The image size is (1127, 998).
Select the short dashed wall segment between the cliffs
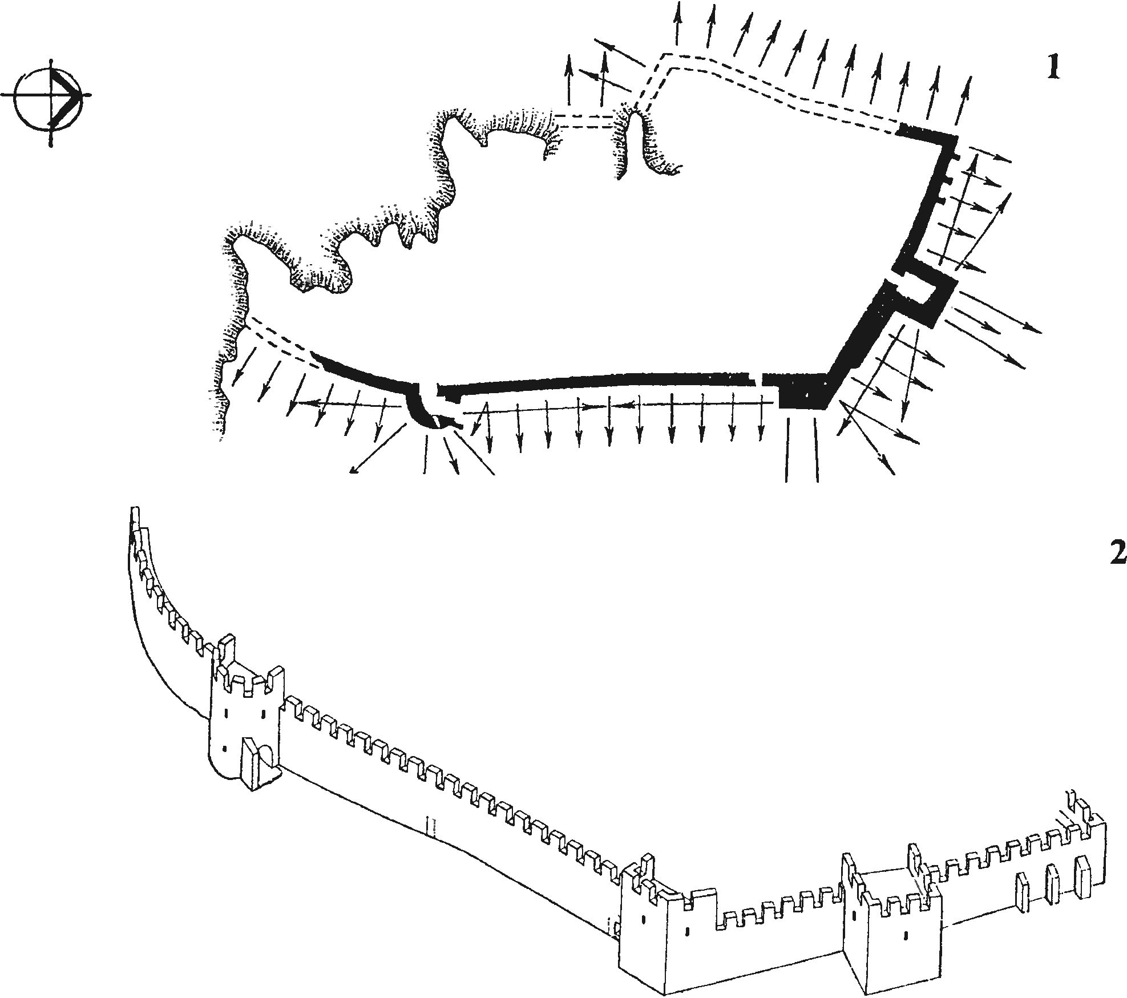click(x=585, y=122)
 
